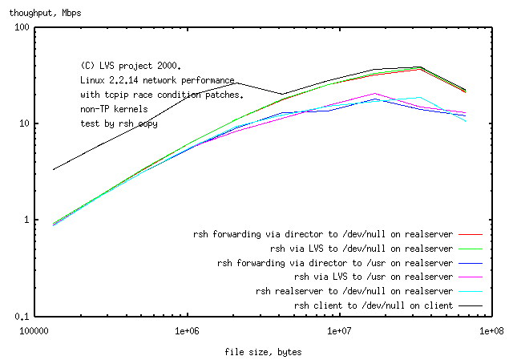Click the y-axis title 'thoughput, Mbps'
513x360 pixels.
coord(46,14)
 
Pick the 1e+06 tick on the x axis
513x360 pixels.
coord(187,330)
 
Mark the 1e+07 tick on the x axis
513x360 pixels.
coord(339,330)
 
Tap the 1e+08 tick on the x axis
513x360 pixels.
coord(491,330)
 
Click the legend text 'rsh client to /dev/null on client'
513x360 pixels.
coord(374,305)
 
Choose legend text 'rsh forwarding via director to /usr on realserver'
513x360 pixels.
coord(336,263)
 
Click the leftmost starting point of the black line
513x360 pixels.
coord(54,169)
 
